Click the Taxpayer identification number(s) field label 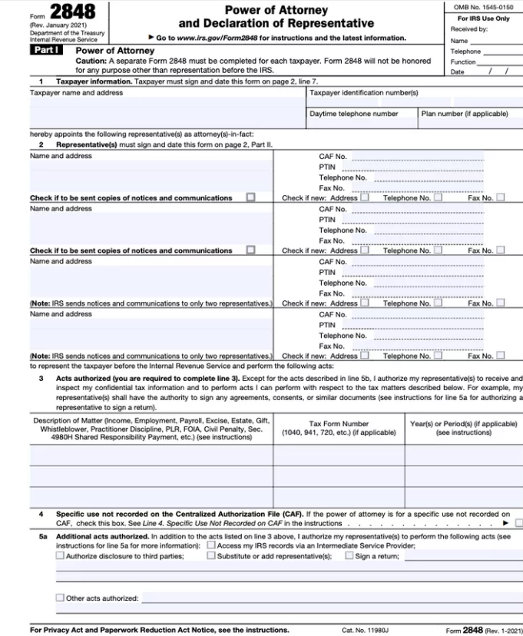[x=363, y=93]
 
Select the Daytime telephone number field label [x=353, y=114]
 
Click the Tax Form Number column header [x=339, y=428]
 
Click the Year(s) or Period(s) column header [x=463, y=428]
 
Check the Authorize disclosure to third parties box [x=60, y=555]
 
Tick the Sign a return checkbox [x=349, y=555]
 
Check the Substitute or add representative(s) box [x=211, y=555]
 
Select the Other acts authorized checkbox [x=60, y=598]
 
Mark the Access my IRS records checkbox [x=211, y=545]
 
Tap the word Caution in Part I [x=91, y=61]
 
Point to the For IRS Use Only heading [x=483, y=18]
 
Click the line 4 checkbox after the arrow [x=518, y=523]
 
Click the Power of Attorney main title [x=276, y=10]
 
